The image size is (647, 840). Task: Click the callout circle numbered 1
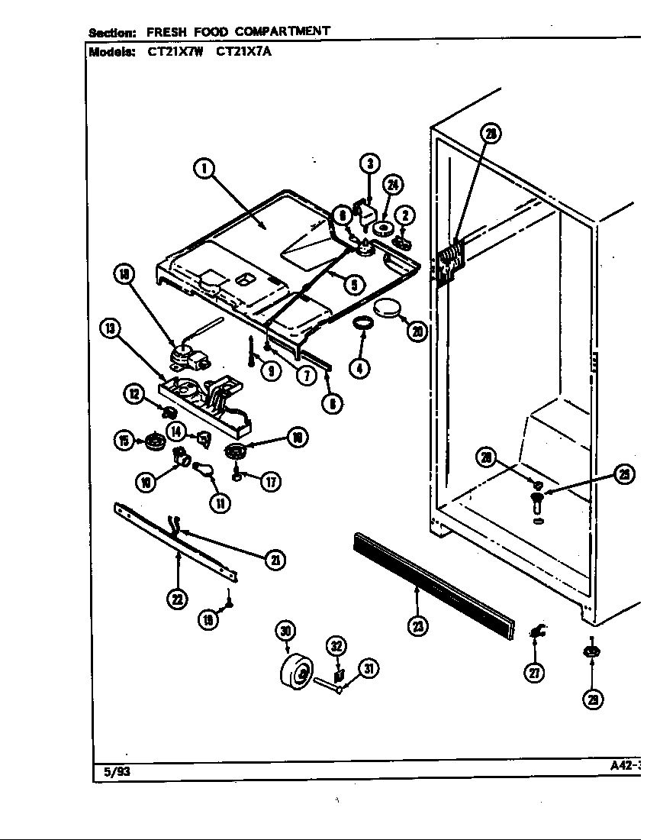pyautogui.click(x=204, y=169)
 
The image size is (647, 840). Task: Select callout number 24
pyautogui.click(x=393, y=186)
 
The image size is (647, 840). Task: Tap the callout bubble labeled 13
pyautogui.click(x=111, y=329)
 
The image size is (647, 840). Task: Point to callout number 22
pyautogui.click(x=177, y=599)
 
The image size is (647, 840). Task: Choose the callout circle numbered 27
pyautogui.click(x=536, y=673)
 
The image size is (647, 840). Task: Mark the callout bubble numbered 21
pyautogui.click(x=275, y=560)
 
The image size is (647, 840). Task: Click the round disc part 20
pyautogui.click(x=388, y=309)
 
